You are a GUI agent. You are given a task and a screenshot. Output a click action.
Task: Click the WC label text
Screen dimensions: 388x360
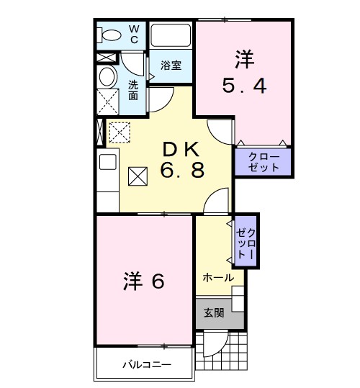click(134, 34)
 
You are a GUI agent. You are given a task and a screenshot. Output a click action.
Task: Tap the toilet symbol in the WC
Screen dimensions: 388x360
click(111, 35)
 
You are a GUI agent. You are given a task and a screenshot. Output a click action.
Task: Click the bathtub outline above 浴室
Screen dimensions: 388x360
click(171, 35)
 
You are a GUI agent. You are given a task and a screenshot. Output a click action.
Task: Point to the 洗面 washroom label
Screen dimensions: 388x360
click(133, 90)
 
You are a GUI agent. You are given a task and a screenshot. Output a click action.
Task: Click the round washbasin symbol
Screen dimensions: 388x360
click(107, 77)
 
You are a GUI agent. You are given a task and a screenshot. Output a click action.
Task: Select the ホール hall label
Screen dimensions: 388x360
click(217, 277)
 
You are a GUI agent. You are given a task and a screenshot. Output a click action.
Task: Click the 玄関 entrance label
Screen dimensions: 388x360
click(213, 312)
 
